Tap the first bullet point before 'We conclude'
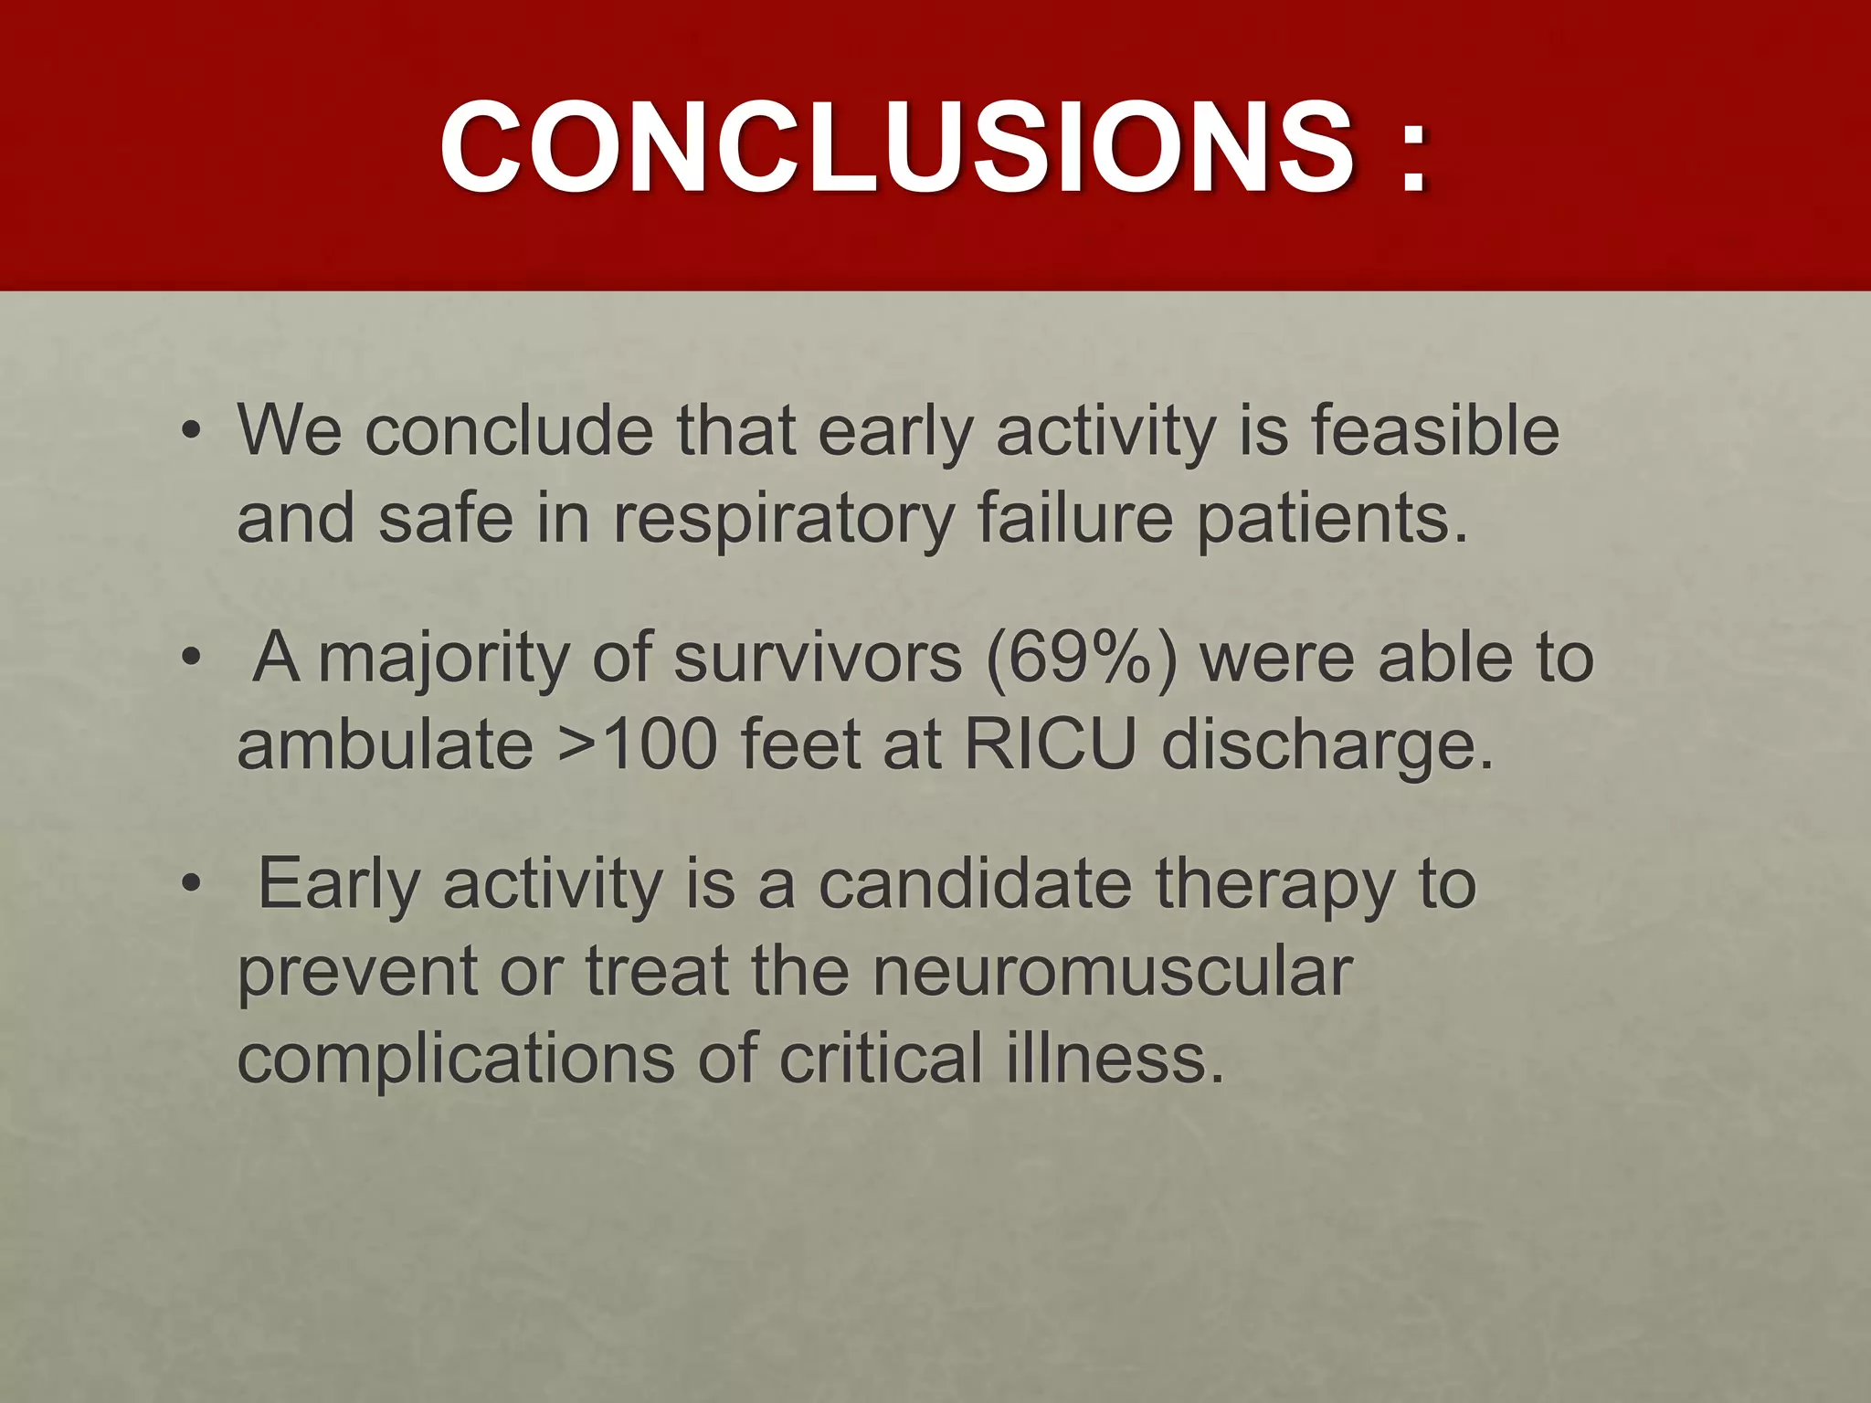[190, 431]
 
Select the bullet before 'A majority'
[190, 658]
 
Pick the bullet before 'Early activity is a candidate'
[190, 884]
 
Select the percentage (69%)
[1082, 658]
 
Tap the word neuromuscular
[1111, 971]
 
